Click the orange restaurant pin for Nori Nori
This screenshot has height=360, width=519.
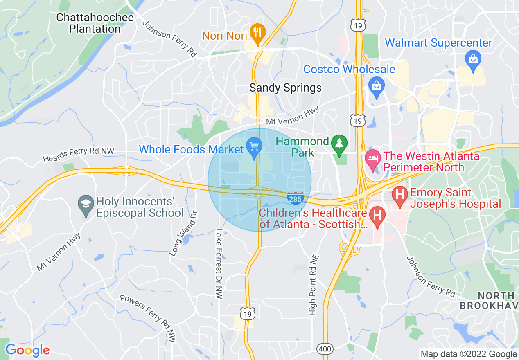click(x=257, y=32)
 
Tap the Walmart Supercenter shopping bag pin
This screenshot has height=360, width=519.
click(x=473, y=59)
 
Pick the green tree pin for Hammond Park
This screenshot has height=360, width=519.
click(x=339, y=144)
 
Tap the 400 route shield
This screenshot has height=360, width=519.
click(x=325, y=349)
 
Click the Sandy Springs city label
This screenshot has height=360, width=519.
click(x=286, y=88)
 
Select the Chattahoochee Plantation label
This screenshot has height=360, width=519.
click(x=95, y=23)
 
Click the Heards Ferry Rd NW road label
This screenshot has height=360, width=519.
click(x=79, y=155)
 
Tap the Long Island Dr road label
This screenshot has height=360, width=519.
click(x=184, y=234)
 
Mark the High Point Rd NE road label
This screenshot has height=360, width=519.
click(x=313, y=285)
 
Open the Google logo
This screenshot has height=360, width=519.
click(x=27, y=350)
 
